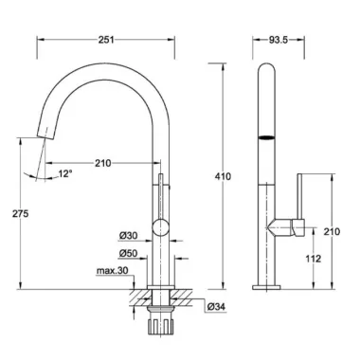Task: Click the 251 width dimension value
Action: pyautogui.click(x=106, y=40)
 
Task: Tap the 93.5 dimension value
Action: pyautogui.click(x=279, y=40)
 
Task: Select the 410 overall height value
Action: pyautogui.click(x=223, y=176)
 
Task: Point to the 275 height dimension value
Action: pyautogui.click(x=21, y=214)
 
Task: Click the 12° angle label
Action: pyautogui.click(x=65, y=173)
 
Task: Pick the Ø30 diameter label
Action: pyautogui.click(x=128, y=236)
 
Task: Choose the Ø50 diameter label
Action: pyautogui.click(x=128, y=253)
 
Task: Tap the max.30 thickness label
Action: pyautogui.click(x=112, y=271)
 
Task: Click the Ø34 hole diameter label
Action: pyautogui.click(x=216, y=306)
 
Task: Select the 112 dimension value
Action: pyautogui.click(x=314, y=259)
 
